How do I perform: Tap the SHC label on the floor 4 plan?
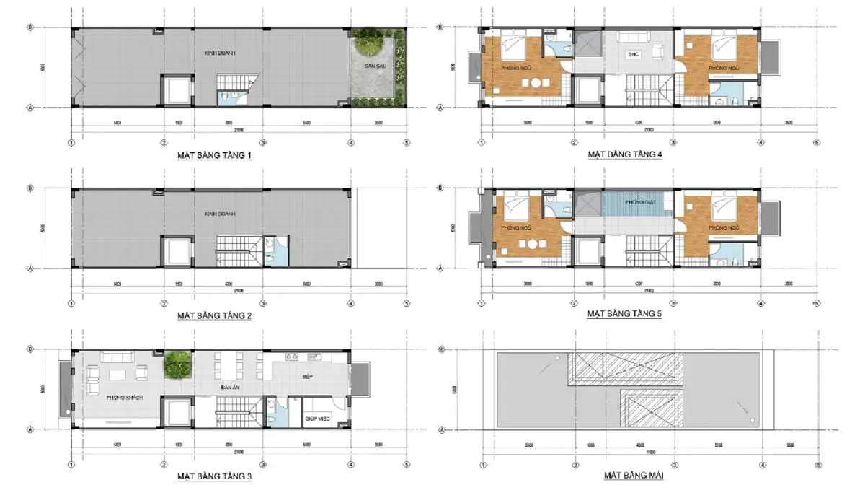(633, 54)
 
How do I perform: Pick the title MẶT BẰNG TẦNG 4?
(624, 154)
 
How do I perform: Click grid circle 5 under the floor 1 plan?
(407, 142)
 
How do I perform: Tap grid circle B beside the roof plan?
(440, 349)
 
